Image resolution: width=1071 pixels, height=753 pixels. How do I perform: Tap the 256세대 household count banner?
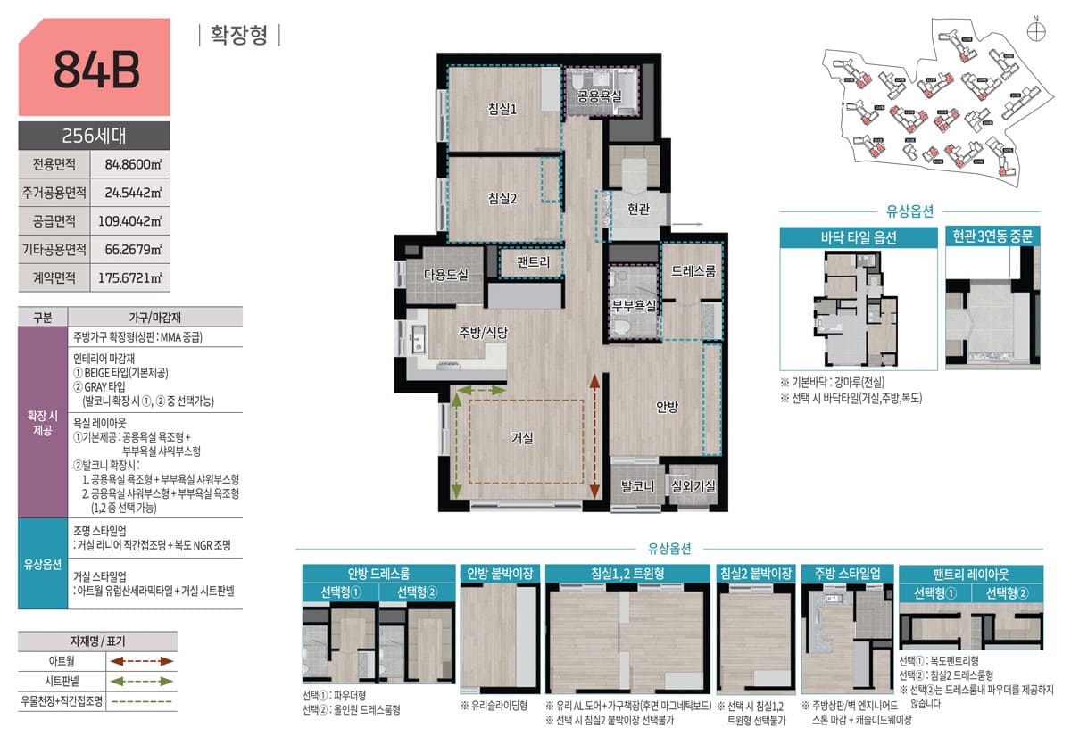click(x=94, y=137)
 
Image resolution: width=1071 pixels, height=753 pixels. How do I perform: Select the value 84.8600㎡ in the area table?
click(x=133, y=164)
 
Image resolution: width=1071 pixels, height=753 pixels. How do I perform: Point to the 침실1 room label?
click(x=503, y=109)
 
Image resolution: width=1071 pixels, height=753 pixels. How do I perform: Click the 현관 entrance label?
click(x=638, y=209)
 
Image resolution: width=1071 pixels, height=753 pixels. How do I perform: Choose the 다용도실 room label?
click(x=445, y=275)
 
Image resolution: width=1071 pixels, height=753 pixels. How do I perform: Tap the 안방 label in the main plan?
click(x=667, y=407)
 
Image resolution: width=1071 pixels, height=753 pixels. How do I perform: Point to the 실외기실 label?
click(x=693, y=486)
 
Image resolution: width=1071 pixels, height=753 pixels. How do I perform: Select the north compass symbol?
click(x=1035, y=30)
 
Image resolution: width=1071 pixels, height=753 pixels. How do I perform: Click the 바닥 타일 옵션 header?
click(x=859, y=237)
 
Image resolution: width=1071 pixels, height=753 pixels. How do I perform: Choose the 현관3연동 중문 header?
click(x=992, y=236)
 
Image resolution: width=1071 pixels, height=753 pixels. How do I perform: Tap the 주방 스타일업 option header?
click(x=846, y=573)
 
